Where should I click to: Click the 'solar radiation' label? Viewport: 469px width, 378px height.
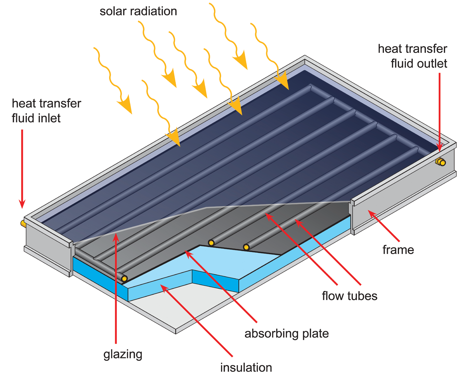[138, 11]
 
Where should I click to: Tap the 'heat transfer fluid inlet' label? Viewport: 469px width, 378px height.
[46, 110]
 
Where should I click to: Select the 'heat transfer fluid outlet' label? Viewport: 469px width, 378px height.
[412, 56]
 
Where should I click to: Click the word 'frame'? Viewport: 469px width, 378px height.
[398, 250]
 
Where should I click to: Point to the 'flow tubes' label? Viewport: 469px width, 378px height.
[350, 296]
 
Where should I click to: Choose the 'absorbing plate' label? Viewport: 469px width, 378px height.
[286, 333]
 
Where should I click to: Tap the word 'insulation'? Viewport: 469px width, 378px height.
[246, 367]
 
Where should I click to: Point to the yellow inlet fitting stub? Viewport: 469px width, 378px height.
[23, 223]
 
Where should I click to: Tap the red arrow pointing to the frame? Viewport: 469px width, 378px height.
[384, 226]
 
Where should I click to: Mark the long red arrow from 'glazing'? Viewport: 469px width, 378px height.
[116, 288]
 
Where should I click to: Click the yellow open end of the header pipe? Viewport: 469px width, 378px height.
[124, 279]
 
